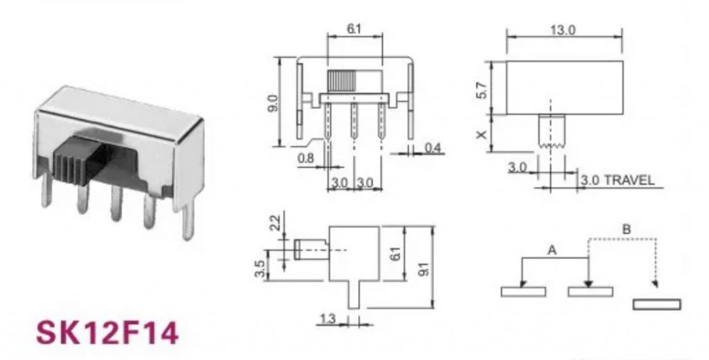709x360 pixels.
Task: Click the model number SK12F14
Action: pyautogui.click(x=107, y=332)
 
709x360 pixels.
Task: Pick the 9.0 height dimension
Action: pyautogui.click(x=272, y=102)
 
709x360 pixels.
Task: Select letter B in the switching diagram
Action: pyautogui.click(x=626, y=228)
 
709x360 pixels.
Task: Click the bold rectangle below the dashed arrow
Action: pyautogui.click(x=657, y=305)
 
